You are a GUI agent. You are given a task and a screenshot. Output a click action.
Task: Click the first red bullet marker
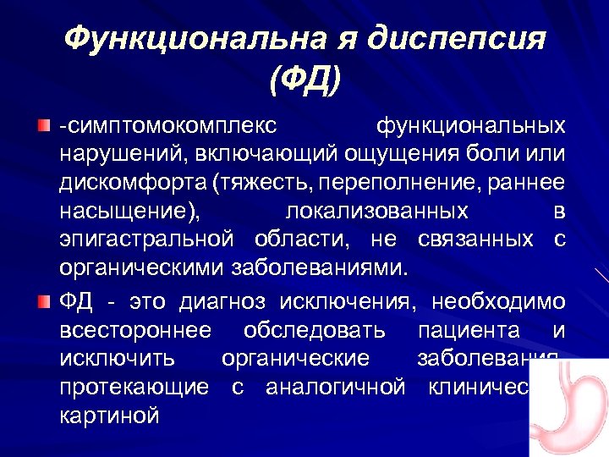43,127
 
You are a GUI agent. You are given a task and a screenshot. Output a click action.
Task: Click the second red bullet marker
43,301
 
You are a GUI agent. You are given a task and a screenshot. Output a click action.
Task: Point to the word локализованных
376,211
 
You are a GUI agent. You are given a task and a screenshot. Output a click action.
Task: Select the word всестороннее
135,330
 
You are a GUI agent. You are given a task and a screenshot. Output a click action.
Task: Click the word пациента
465,330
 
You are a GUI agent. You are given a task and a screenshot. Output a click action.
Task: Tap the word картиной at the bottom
109,416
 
